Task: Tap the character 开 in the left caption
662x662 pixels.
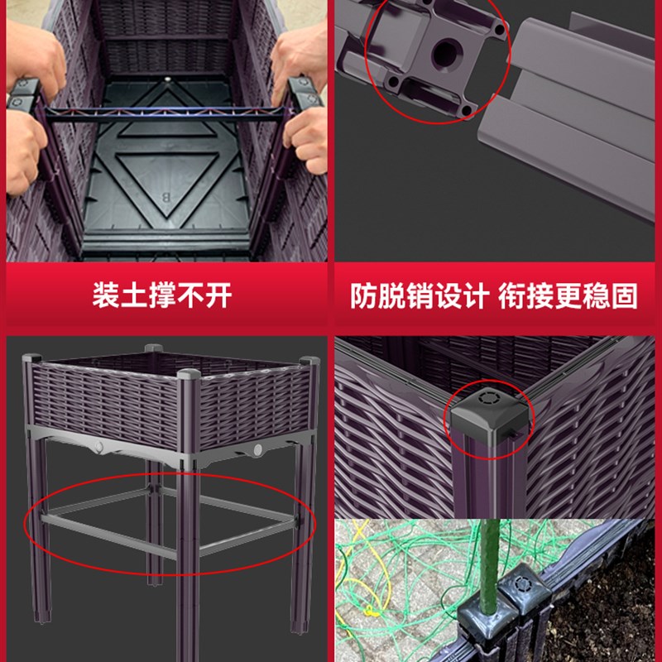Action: click(x=218, y=295)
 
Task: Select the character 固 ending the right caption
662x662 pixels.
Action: click(x=624, y=296)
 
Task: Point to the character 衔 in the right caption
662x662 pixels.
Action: click(x=511, y=296)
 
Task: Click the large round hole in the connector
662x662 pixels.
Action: click(x=447, y=54)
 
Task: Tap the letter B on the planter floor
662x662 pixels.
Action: click(x=166, y=197)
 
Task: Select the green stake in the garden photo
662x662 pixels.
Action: click(x=490, y=562)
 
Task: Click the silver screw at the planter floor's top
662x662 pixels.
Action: click(x=168, y=79)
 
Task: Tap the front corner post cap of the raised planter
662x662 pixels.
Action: click(x=189, y=375)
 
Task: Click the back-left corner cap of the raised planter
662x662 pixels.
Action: click(x=32, y=358)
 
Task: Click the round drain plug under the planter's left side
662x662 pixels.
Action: click(x=99, y=446)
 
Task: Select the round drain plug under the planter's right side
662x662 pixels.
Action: click(x=258, y=449)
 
